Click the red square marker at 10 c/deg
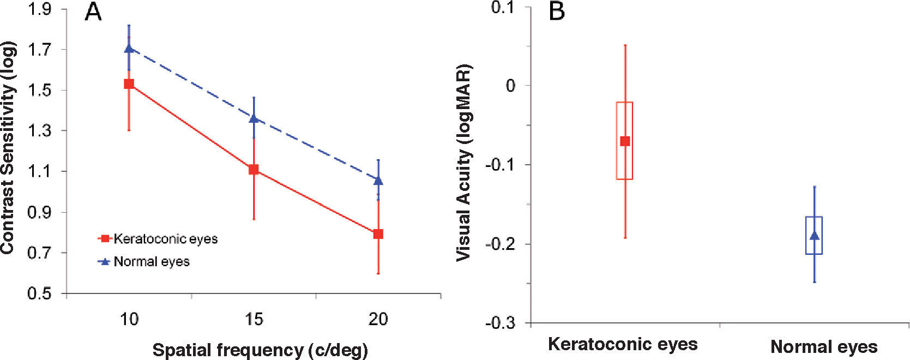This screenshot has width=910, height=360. point(129,83)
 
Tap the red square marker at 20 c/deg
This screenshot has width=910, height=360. point(378,234)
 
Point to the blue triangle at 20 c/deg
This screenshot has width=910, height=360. point(378,180)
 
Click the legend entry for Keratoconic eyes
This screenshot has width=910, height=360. point(158,239)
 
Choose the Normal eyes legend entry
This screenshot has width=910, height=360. point(144,262)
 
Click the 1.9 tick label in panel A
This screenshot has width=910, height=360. point(39,9)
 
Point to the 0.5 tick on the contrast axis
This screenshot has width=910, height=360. point(39,293)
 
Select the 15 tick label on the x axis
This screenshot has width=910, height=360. point(254,319)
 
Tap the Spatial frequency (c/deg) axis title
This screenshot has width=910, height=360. point(260,350)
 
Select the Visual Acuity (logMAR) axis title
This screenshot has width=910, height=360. point(464,163)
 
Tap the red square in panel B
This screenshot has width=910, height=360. point(625,141)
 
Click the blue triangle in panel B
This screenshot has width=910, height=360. point(814,236)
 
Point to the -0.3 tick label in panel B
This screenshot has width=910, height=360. point(500,323)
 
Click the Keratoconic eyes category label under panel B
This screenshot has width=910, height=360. point(623,344)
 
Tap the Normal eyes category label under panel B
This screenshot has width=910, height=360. point(824,347)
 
